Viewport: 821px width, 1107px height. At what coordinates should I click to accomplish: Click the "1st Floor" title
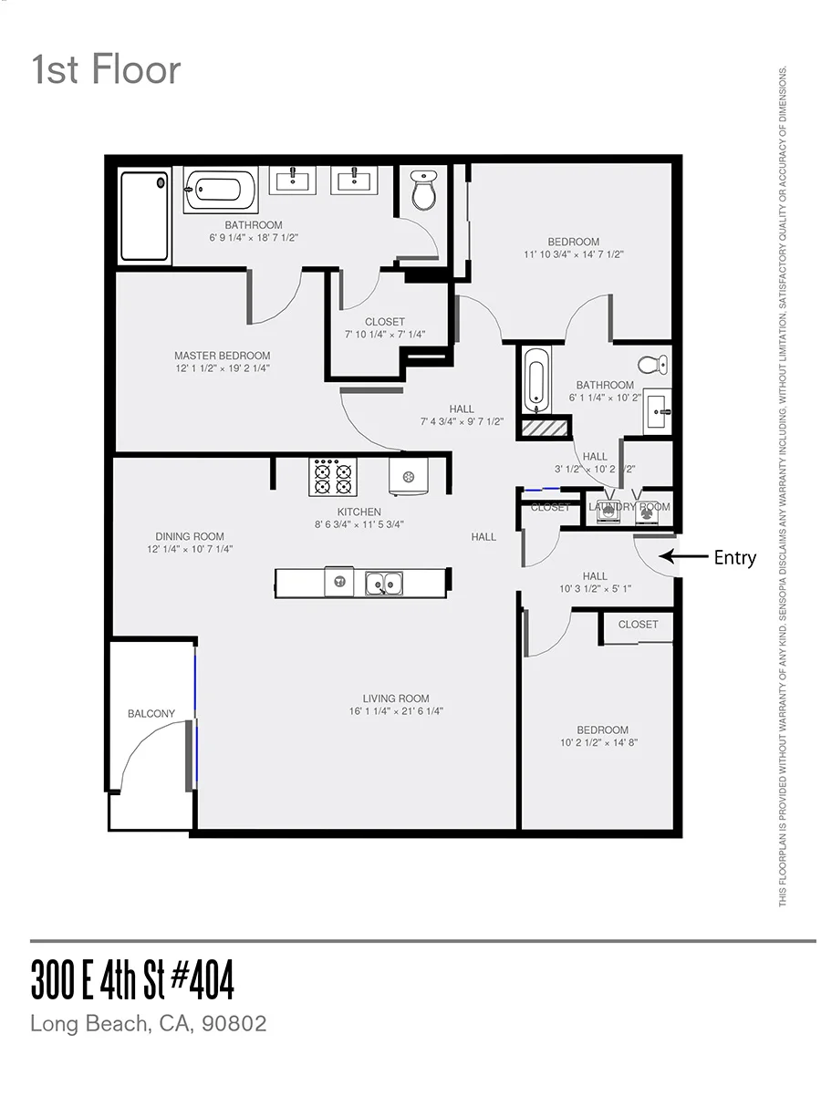[106, 70]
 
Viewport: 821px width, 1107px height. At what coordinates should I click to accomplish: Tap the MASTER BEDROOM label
[222, 356]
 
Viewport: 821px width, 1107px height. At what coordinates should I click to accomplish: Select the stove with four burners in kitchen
[333, 476]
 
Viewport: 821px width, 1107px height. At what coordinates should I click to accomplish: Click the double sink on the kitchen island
[384, 583]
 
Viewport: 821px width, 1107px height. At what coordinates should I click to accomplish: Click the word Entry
[734, 558]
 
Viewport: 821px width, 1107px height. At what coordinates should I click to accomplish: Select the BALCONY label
[151, 714]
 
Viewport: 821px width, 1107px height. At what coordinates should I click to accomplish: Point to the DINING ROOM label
[189, 536]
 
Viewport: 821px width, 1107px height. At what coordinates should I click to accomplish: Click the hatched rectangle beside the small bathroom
[545, 427]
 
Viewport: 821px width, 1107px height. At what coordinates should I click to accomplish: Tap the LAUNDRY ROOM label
[629, 507]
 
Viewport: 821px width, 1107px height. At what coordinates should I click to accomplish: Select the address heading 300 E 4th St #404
[132, 980]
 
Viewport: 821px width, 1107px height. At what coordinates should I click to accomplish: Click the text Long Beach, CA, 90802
[149, 1023]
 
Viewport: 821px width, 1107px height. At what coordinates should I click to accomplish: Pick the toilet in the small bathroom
[651, 365]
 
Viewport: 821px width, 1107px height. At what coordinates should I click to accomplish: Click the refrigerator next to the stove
[409, 476]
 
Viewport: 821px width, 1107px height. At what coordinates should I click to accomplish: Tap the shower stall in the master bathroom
[145, 216]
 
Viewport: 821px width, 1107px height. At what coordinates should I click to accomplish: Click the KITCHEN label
[359, 512]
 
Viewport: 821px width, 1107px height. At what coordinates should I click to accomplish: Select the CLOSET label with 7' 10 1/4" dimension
[384, 322]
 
